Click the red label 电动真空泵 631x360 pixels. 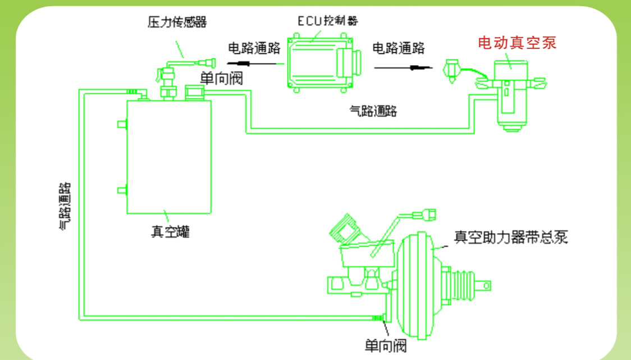[517, 43]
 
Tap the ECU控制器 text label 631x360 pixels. [328, 21]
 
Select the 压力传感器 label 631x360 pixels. [177, 22]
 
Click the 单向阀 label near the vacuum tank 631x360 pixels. [221, 78]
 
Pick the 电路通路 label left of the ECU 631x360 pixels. [254, 48]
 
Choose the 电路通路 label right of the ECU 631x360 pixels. [399, 48]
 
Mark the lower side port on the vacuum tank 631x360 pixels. [121, 190]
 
